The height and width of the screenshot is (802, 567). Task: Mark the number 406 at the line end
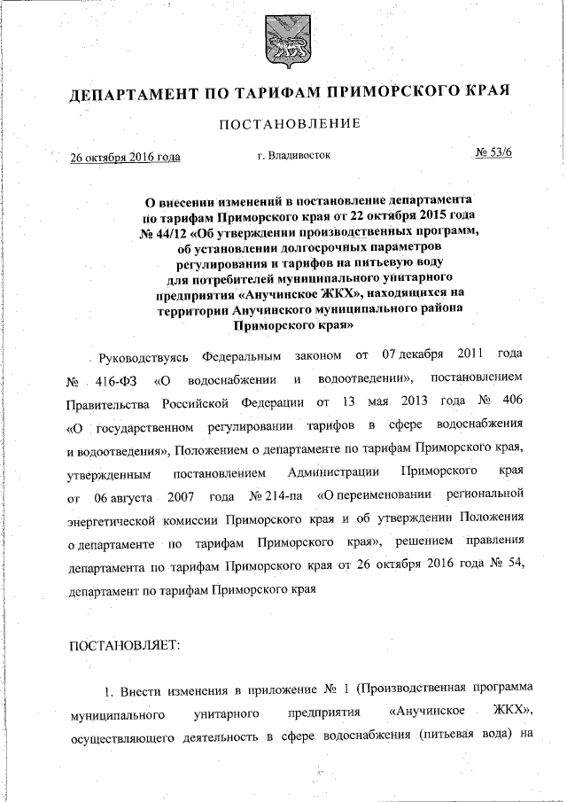pos(517,403)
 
